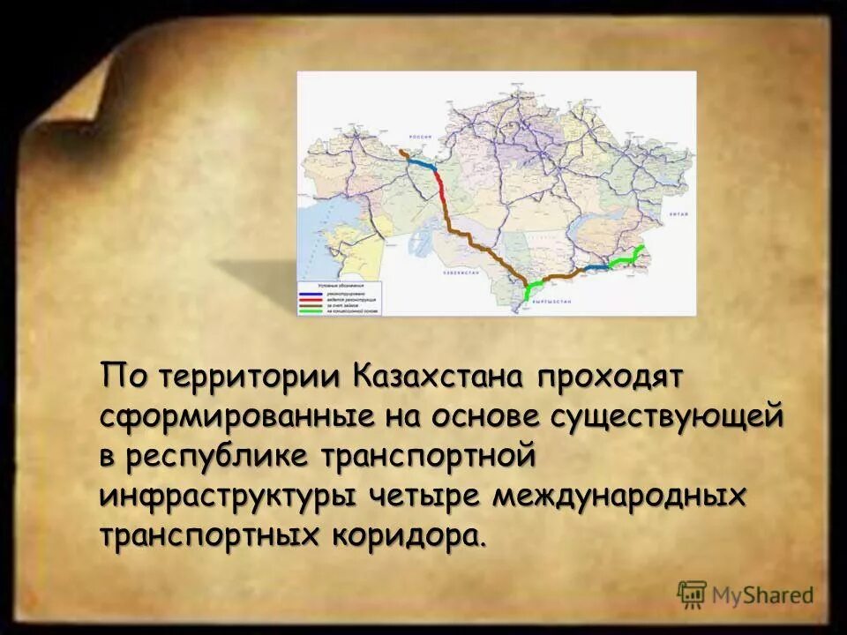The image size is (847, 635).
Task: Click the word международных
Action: (619, 495)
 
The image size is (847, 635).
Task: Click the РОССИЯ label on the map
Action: (417, 138)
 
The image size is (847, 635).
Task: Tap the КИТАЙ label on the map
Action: (678, 214)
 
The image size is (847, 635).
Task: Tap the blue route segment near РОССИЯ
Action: (423, 163)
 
